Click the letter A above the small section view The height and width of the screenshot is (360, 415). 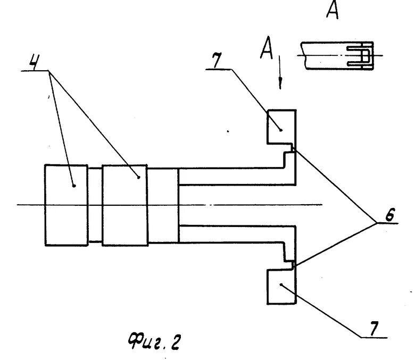[332, 11]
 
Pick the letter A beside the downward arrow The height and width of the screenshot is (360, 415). [267, 51]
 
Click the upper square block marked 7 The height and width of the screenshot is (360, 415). [280, 127]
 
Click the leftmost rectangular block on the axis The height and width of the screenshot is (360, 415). [67, 205]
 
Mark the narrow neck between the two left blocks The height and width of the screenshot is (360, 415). [95, 205]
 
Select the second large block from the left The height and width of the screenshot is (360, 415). [125, 205]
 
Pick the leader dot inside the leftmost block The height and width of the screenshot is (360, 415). [73, 185]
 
